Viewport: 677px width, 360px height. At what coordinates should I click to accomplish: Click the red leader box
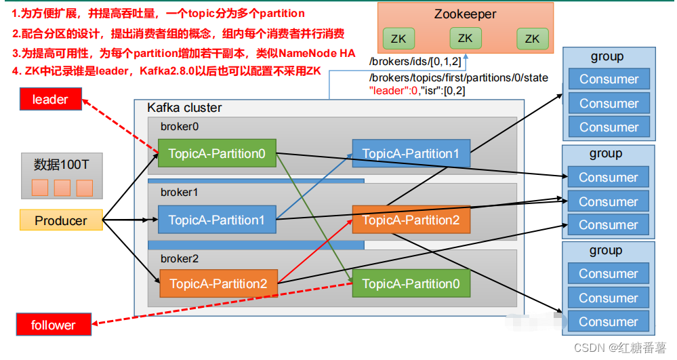pos(50,100)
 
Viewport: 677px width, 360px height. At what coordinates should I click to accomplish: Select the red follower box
pos(53,325)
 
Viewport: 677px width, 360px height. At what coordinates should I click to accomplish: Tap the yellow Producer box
pos(61,220)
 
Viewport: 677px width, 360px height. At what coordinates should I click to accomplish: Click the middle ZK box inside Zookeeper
pos(465,39)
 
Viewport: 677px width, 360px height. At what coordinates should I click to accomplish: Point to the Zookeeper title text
pos(466,14)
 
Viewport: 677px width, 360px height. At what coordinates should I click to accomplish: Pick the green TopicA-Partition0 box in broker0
pos(217,153)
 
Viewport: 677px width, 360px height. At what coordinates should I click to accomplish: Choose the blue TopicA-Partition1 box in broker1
pos(217,220)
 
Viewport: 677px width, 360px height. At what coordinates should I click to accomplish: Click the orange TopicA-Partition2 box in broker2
pos(218,283)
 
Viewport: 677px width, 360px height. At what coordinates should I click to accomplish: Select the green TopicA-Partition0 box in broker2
pos(411,283)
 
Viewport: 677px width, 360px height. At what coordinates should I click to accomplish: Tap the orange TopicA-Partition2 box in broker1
pos(411,220)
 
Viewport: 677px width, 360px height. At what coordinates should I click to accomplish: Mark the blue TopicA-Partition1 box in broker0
pos(411,154)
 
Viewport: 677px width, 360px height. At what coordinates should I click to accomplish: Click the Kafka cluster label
pos(184,108)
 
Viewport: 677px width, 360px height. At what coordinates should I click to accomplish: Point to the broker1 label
pos(179,192)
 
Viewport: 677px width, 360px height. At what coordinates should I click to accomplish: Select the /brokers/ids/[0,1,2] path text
pos(415,62)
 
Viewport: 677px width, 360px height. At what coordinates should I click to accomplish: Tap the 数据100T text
pos(62,165)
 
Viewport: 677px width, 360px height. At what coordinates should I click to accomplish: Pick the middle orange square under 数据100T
pos(62,188)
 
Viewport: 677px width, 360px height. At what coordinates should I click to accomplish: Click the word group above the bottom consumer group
pos(606,250)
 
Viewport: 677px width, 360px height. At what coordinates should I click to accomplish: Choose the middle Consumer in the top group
pos(609,103)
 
